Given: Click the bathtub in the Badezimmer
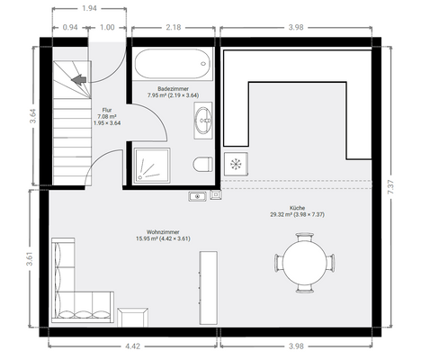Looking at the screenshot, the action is pos(173,64).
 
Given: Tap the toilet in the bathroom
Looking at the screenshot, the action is pos(202,164).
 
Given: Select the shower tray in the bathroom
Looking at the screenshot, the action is pos(152,166).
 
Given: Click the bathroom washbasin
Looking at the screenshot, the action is pos(203,121).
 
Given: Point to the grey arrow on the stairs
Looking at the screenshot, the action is pos(78,80).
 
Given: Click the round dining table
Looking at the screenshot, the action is pos(304,263).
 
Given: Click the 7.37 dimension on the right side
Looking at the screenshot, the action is pos(390,187).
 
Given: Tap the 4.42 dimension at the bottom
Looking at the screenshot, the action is pos(132,346).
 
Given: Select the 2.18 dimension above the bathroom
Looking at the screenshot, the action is pos(174,27).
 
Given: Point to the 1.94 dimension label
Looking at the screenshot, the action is pos(89,8).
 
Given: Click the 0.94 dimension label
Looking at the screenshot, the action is pos(70,27).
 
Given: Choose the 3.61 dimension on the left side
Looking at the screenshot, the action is pos(30,258).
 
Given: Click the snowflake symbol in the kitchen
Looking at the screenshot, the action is pos(236,164).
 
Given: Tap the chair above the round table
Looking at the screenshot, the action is pos(305,237).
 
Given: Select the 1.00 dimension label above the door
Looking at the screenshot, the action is pos(107,27).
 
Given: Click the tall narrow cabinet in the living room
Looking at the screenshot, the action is pos(209,288).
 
